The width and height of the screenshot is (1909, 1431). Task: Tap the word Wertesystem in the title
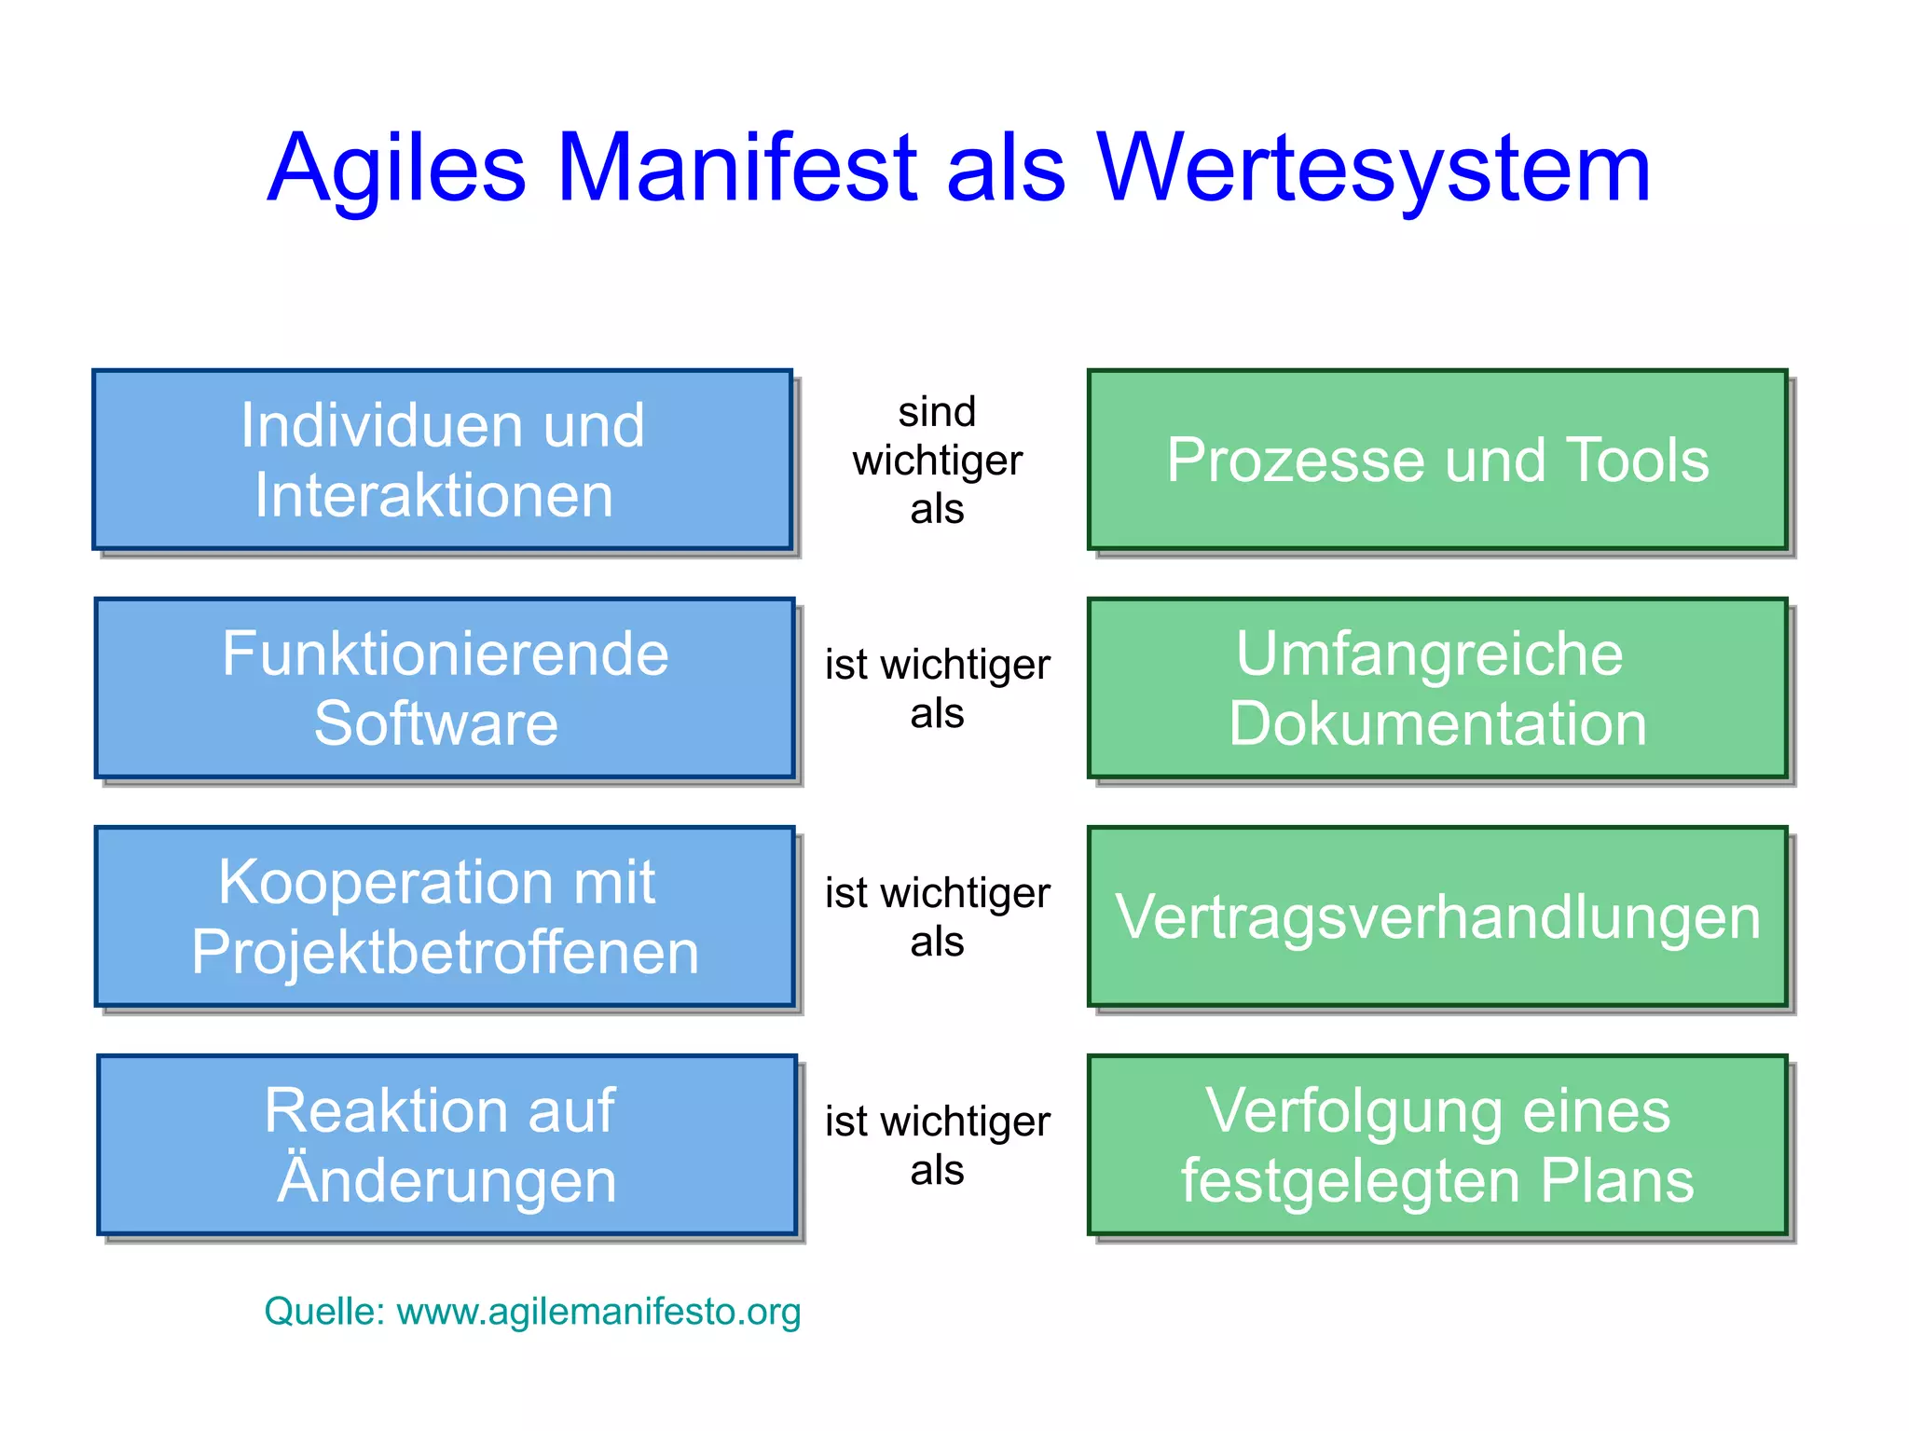(1372, 170)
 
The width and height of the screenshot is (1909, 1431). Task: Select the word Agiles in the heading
(397, 170)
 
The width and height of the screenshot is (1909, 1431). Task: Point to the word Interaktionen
(434, 495)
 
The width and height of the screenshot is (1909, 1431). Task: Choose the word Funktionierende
(445, 654)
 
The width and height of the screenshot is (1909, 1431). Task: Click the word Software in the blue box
(435, 723)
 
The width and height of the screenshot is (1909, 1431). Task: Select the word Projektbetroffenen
(445, 952)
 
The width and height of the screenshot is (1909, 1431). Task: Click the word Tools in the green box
(1637, 461)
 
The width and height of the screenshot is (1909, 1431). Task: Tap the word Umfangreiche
(1429, 654)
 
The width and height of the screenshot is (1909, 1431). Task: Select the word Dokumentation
(1437, 723)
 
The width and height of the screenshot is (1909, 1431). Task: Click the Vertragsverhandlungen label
(1437, 917)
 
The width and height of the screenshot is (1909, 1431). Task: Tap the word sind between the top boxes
(937, 412)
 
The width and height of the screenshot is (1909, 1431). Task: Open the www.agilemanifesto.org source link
(598, 1312)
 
